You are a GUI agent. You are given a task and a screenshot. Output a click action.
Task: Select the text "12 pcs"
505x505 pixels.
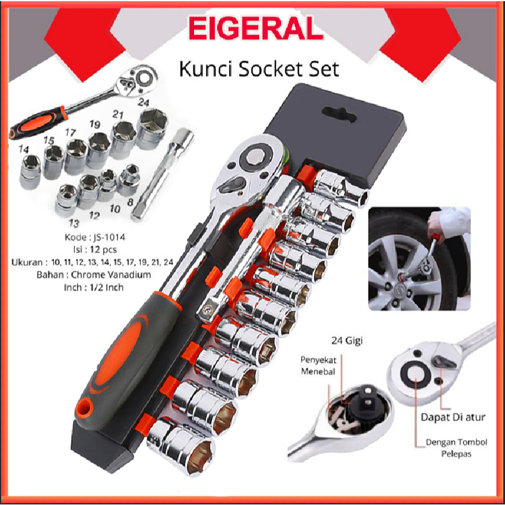[x=105, y=250]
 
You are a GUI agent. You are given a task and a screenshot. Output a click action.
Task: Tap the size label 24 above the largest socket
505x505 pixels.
[x=145, y=103]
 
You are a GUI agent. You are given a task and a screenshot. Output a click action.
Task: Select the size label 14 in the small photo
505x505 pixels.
[x=24, y=149]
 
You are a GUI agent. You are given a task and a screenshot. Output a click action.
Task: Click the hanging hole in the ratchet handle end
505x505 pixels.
[x=87, y=407]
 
